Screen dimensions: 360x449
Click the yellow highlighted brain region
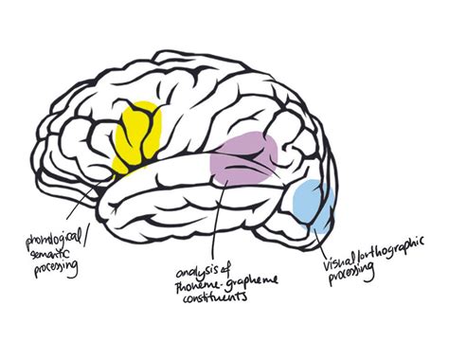[137, 137]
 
